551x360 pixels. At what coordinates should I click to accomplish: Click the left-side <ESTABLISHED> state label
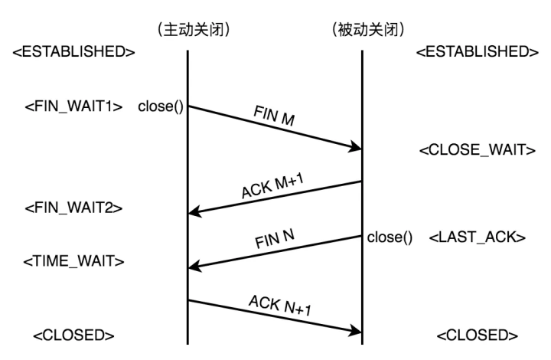click(x=74, y=53)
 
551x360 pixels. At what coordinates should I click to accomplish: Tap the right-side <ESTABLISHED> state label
click(x=475, y=53)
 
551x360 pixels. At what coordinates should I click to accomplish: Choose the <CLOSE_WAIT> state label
click(x=476, y=151)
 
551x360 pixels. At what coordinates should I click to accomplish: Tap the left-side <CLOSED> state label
click(x=74, y=335)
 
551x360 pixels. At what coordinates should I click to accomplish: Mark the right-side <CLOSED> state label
click(x=475, y=335)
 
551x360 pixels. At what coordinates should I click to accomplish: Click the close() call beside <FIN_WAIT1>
click(x=161, y=106)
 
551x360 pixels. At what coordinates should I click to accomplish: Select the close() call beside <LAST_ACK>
click(x=390, y=237)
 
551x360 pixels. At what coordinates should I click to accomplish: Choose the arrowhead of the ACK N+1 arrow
click(x=355, y=330)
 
